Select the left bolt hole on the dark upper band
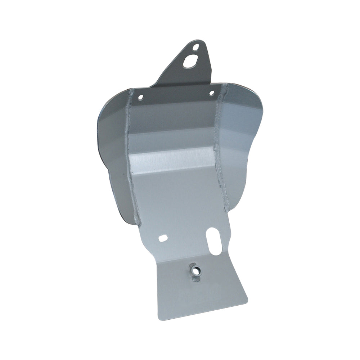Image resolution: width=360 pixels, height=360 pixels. (141, 97)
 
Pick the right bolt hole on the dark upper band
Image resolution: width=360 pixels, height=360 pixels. (212, 93)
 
